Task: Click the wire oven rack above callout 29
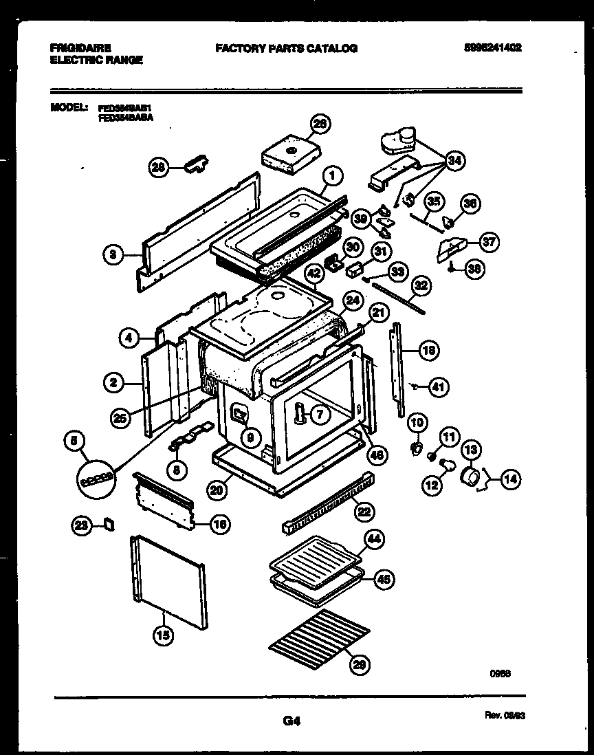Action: [320, 633]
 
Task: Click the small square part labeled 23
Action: [108, 525]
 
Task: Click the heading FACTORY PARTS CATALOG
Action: [286, 49]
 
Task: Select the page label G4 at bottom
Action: [291, 721]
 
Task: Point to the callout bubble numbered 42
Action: [313, 273]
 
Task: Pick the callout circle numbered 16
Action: [219, 525]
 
